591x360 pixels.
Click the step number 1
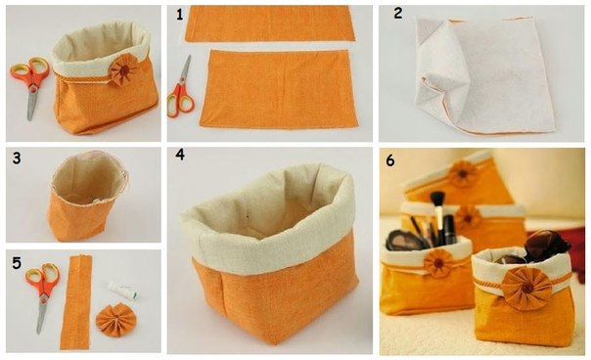tap(179, 15)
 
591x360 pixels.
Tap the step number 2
tap(397, 14)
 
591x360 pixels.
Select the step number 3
tap(17, 158)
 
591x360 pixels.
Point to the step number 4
tap(180, 155)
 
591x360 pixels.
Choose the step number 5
tap(17, 263)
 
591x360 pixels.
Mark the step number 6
tap(390, 160)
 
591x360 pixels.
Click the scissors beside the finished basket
tap(30, 86)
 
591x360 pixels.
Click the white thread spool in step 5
tap(122, 291)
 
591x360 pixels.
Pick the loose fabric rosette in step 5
tap(115, 319)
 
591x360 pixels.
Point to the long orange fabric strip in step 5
tap(76, 302)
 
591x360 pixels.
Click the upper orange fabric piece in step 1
tap(270, 23)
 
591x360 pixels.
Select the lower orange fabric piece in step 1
tap(279, 89)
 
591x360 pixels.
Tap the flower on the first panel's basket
tap(124, 69)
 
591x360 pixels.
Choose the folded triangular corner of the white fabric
tap(430, 29)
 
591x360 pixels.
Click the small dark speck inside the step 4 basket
tap(247, 217)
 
